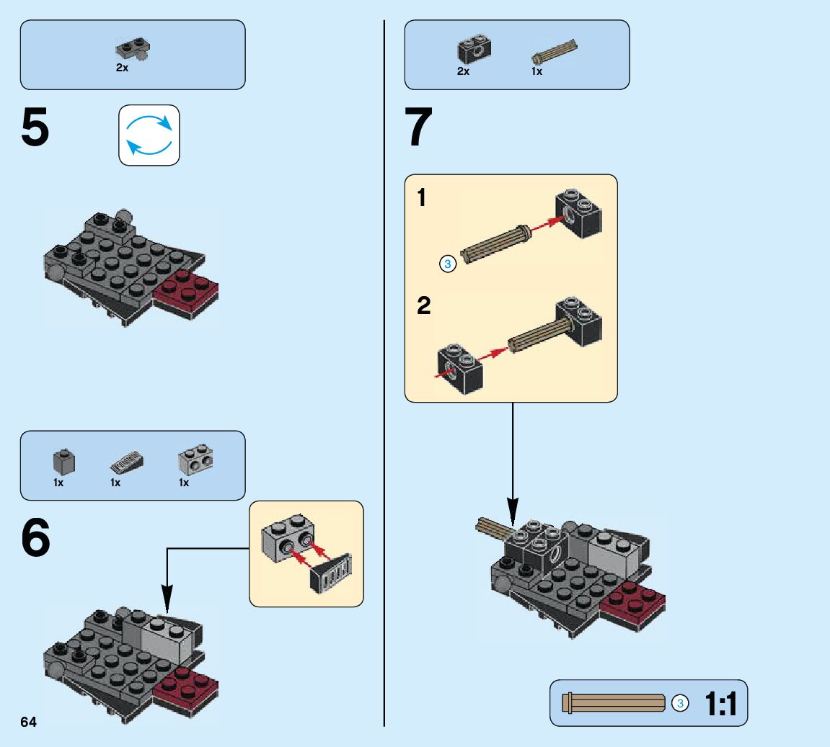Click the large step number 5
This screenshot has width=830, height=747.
point(35,128)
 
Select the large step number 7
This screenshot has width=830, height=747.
point(419,128)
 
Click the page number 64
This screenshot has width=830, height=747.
point(28,723)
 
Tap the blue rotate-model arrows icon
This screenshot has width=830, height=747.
point(149,135)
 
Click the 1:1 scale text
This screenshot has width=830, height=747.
point(721,704)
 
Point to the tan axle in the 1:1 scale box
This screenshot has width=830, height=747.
point(614,703)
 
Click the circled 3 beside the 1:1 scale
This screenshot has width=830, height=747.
point(679,703)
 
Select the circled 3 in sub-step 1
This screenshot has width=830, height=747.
point(447,264)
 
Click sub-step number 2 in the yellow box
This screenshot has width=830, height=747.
point(424,306)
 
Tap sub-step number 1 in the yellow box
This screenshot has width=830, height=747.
point(422,197)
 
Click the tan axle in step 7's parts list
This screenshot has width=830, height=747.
point(555,51)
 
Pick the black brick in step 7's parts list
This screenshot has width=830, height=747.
point(473,48)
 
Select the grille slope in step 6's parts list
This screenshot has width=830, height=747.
point(126,461)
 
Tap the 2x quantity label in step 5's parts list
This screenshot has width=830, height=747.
point(122,68)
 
